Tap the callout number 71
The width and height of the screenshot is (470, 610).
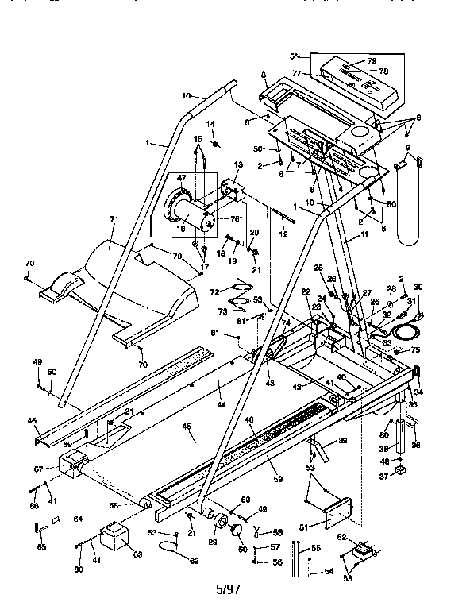coord(114,218)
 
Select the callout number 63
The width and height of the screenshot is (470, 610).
coord(137,554)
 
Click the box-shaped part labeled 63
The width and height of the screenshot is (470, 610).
coord(113,537)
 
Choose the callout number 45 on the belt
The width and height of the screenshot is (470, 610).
coord(187,427)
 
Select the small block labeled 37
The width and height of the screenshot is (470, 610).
coord(402,477)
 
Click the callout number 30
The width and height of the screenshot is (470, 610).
coord(418,287)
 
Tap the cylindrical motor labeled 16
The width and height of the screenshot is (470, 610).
coord(191,214)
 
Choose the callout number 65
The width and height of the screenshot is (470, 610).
coord(41,547)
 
